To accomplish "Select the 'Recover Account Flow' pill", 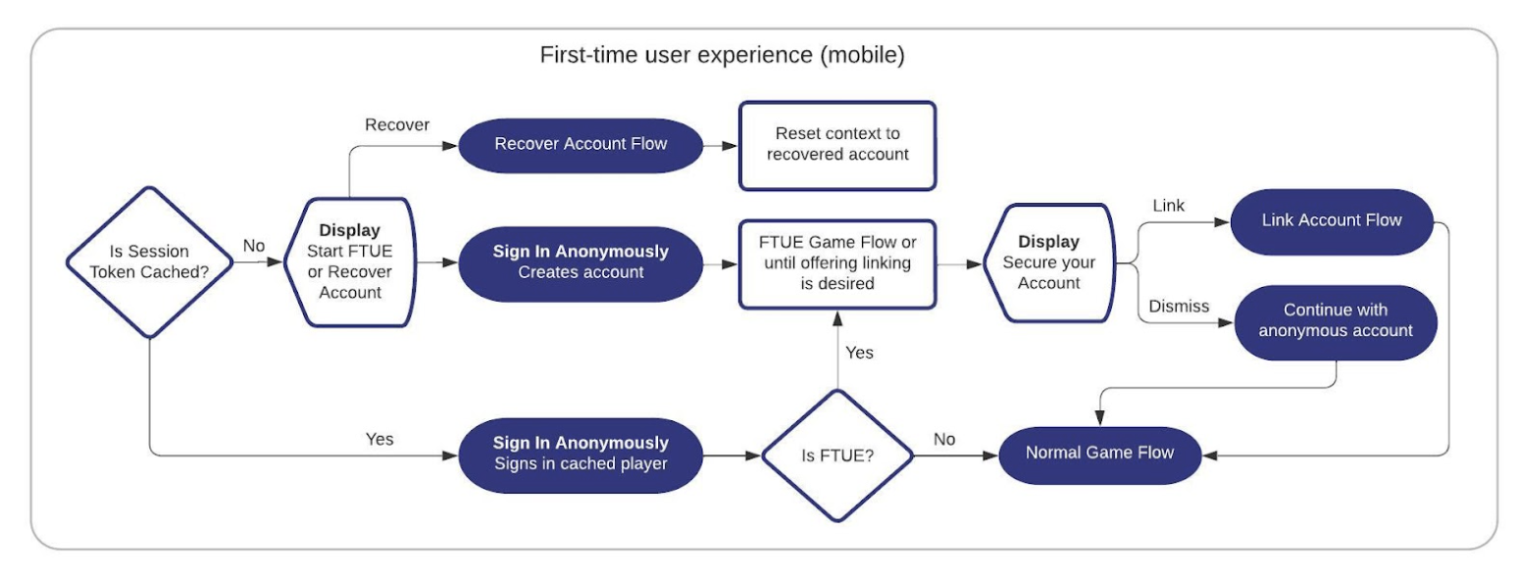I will click(581, 145).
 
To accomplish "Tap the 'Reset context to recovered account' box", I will click(836, 145).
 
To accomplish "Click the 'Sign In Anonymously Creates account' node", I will click(581, 262).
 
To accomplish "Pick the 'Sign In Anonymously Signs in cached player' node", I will click(581, 454).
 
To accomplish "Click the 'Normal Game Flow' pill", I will click(1099, 454).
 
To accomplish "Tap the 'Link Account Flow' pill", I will click(1331, 220).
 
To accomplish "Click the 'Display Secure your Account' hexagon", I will click(1047, 262).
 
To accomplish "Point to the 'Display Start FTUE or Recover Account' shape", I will click(350, 262).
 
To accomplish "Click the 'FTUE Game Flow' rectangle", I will click(836, 262).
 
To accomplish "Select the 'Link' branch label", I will click(1168, 206).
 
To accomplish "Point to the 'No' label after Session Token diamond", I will click(254, 246).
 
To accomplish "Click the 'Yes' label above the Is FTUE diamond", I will click(859, 352).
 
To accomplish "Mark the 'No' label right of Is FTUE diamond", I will click(943, 440).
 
